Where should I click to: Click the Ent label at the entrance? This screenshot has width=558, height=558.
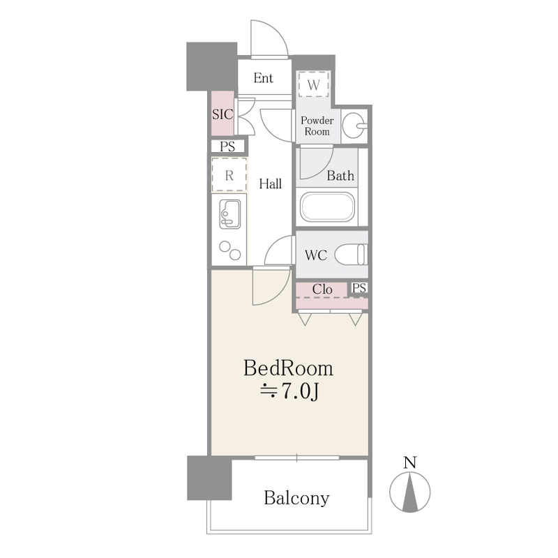point(264,78)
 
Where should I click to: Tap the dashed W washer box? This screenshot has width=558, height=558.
point(313,84)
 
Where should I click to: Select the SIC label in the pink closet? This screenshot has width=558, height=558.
point(223,114)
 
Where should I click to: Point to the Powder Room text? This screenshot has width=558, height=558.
point(317,126)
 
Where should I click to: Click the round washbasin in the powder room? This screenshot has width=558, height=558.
point(354,125)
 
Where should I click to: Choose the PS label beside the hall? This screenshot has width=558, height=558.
point(227,146)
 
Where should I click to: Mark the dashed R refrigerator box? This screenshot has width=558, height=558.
point(229,175)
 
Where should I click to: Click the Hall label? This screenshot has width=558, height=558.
point(270,183)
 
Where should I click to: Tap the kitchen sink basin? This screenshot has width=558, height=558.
point(229,214)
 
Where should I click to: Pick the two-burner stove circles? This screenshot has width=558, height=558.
point(230,250)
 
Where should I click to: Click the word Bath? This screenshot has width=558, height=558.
point(340,176)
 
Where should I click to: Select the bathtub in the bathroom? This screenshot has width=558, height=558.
point(327,207)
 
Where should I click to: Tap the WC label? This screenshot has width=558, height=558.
point(316,255)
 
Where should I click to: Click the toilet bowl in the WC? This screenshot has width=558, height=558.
point(352,255)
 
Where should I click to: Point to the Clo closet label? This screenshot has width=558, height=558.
point(322,289)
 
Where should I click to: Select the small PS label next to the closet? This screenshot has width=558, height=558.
point(359,287)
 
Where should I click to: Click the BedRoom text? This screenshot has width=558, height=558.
point(288,368)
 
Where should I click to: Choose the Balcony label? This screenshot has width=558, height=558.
point(296,498)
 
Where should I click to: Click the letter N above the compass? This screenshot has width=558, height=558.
point(410,462)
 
